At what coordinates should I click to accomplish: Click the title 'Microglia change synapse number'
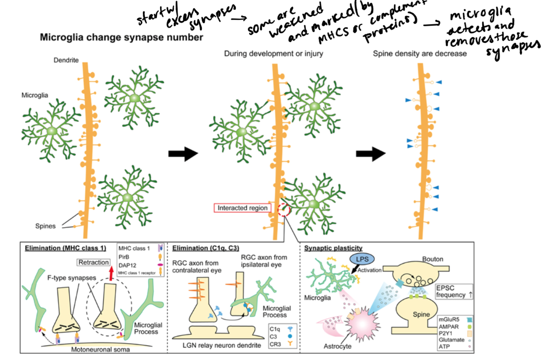121,38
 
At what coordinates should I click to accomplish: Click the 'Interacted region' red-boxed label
240,208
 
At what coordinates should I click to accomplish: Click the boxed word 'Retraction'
94,262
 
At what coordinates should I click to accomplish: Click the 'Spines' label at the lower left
45,226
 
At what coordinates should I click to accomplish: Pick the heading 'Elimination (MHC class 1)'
65,248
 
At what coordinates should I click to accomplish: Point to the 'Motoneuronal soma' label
100,350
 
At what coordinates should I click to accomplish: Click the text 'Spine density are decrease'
420,54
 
